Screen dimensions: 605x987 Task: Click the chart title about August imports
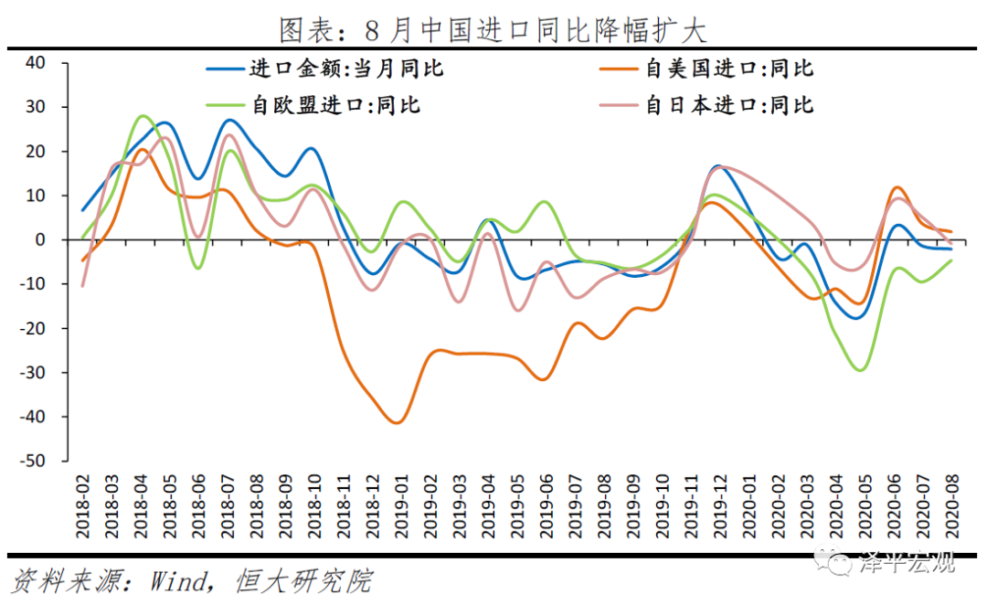[x=493, y=30]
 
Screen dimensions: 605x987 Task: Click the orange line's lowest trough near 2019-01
[x=396, y=422]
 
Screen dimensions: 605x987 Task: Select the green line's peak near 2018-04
[x=143, y=116]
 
